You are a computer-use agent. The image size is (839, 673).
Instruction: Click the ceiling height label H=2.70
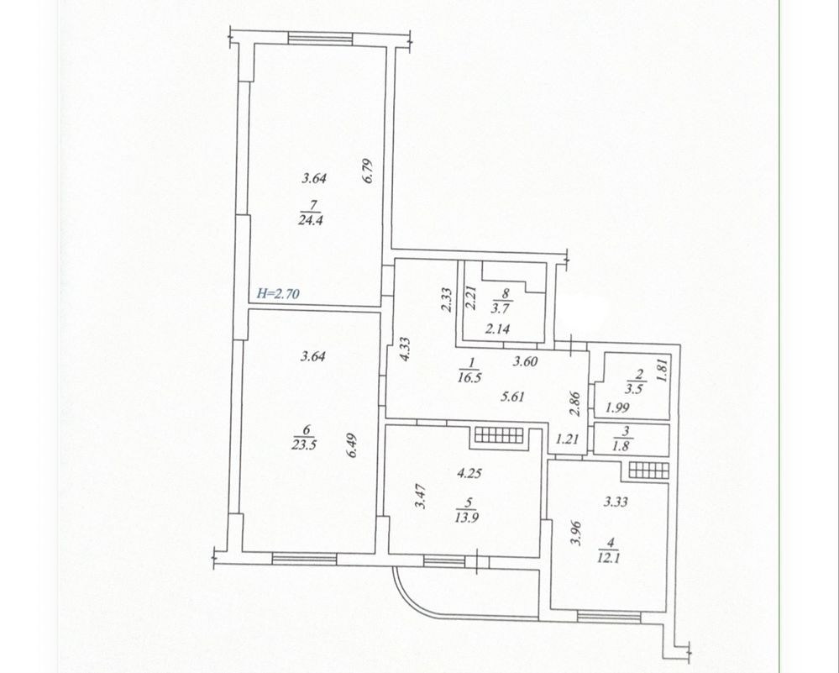pos(278,293)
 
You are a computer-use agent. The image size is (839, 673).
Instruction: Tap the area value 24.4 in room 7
pos(312,220)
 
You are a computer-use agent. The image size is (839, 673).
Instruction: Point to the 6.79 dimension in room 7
pos(368,171)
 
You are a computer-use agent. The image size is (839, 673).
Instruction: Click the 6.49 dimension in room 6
pos(352,445)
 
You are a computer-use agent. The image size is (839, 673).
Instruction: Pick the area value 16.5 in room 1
pos(469,377)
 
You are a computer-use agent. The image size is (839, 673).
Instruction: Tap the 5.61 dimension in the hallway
pos(512,397)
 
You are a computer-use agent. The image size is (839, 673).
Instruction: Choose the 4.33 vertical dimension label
pos(405,349)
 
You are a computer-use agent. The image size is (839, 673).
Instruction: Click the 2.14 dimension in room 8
pos(497,329)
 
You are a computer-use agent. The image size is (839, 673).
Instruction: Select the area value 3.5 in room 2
pos(634,389)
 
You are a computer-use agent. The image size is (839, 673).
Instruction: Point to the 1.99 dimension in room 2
pos(617,408)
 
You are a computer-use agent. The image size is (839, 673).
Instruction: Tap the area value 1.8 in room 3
pos(621,446)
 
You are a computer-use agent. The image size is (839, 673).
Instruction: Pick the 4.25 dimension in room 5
pos(469,473)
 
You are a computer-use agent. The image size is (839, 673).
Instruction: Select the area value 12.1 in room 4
pos(609,559)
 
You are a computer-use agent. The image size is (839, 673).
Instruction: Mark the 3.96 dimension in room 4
pos(576,534)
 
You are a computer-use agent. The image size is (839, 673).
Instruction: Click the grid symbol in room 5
pos(499,435)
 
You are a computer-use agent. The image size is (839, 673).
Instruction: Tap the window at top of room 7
pos(320,39)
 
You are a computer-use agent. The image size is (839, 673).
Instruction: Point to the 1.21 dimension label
pos(567,439)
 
